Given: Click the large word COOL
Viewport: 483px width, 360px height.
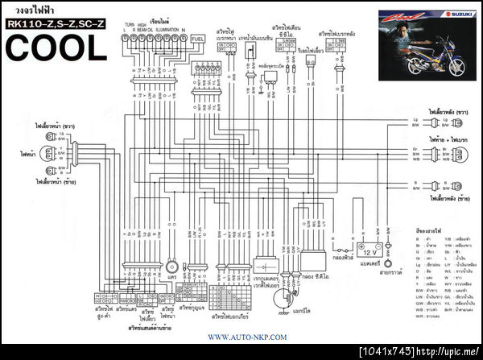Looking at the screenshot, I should click(56, 48).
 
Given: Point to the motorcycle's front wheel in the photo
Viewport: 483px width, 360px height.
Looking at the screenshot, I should click(417, 67).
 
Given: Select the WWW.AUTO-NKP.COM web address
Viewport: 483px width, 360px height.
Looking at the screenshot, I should click(247, 337).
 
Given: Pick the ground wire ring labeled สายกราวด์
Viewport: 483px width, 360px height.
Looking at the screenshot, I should click(388, 263).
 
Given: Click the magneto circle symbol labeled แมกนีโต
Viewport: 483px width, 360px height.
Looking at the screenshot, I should click(283, 297).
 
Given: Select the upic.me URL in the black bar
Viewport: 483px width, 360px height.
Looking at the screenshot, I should click(452, 354).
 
